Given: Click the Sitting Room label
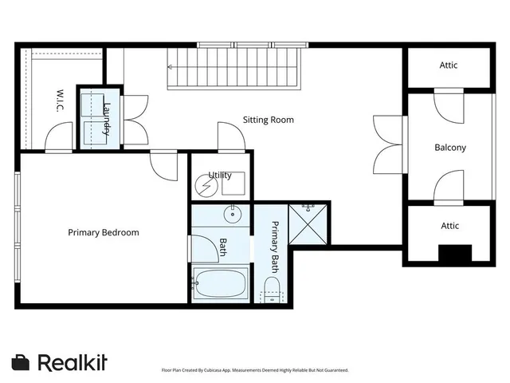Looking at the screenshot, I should coord(268,120).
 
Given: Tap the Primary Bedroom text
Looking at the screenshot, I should coord(103,233).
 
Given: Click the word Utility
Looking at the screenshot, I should coord(220,175).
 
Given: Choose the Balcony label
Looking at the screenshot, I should coord(449,148).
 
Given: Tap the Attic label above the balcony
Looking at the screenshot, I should coord(449,65).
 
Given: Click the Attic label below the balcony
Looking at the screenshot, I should coord(449,226).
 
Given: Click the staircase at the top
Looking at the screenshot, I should coord(236,68).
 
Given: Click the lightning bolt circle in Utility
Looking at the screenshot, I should coord(206,186).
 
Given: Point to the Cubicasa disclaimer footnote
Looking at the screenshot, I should coord(255,370).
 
